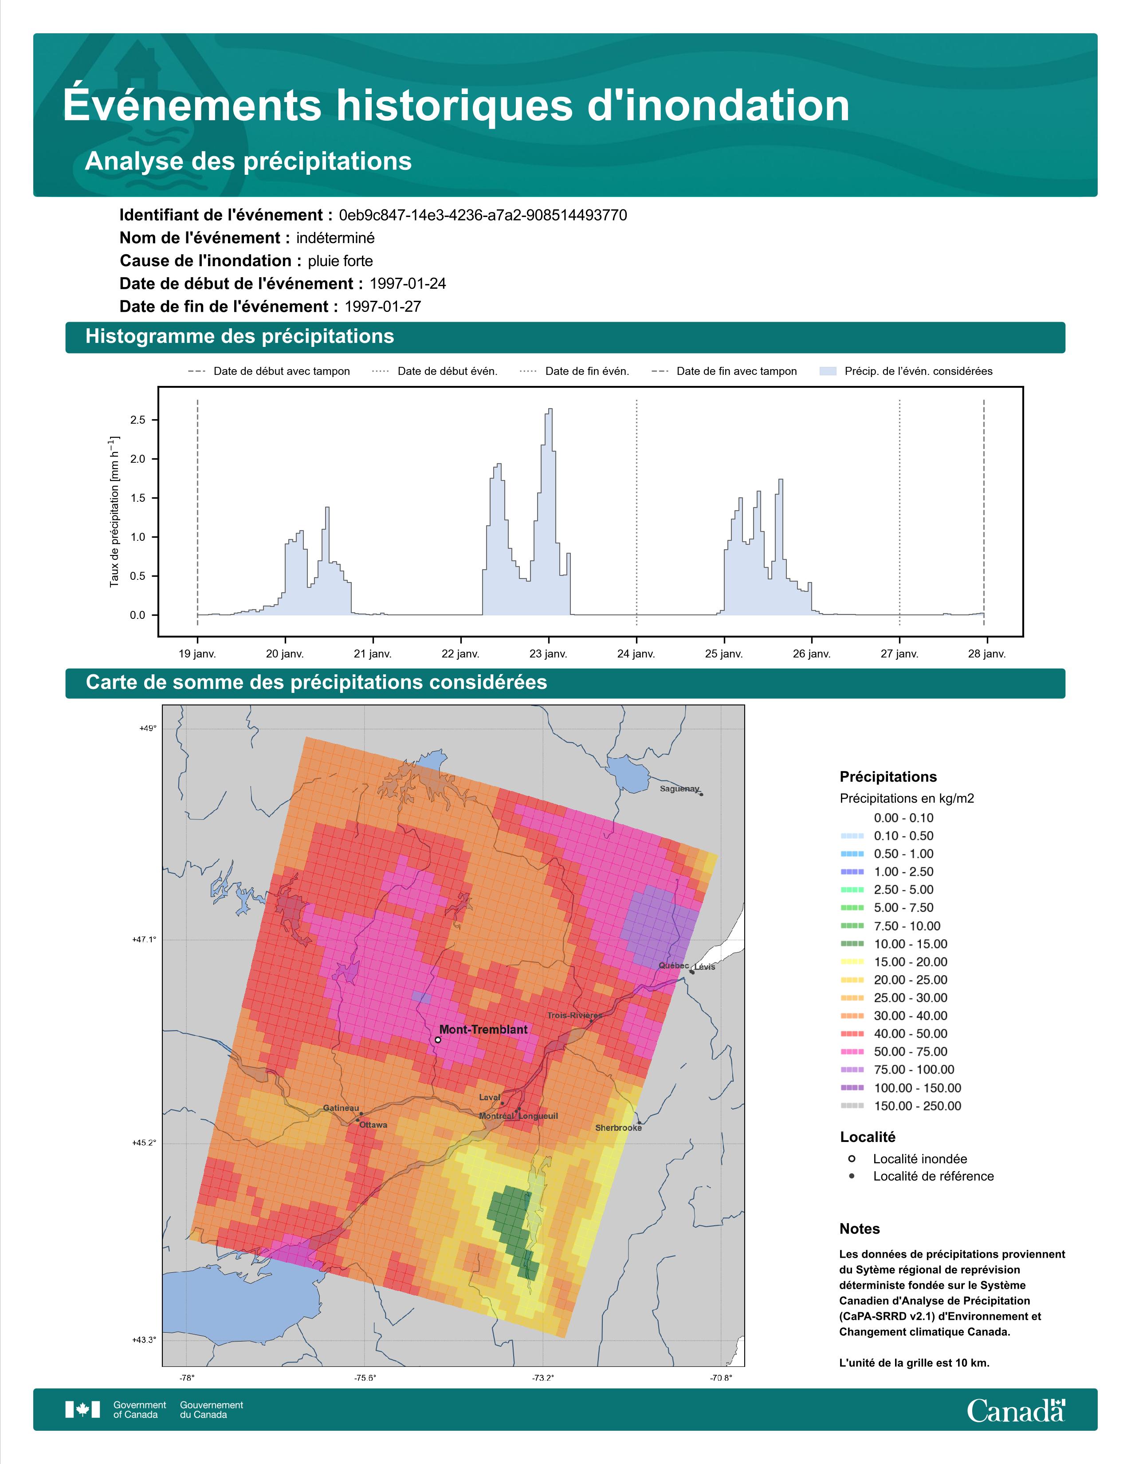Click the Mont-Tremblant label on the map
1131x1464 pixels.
pos(483,1029)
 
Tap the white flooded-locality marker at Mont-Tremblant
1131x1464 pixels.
pos(437,1040)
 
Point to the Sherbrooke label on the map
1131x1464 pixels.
pos(618,1127)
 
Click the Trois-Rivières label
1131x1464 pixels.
pos(574,1015)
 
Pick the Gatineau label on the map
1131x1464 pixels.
pos(341,1108)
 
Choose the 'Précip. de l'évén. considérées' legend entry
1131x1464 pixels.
pos(906,371)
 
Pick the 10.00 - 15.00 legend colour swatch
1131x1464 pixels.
pos(852,944)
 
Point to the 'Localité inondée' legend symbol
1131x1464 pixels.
pos(852,1158)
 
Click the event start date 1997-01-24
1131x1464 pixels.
pos(407,283)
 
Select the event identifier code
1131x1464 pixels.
pos(483,215)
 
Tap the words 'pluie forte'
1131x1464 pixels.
pos(340,261)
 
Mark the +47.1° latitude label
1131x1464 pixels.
pos(144,939)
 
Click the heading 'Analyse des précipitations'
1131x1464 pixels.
pos(248,161)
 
